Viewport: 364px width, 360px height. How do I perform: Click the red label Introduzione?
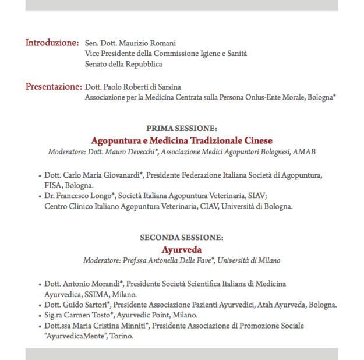tap(52, 43)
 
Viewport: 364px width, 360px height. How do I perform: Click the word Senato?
tap(97, 65)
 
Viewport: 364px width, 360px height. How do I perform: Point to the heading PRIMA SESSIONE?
tap(182, 128)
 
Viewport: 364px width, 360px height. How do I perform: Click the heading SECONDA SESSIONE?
tap(182, 238)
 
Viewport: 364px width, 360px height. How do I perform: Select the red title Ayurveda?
tap(182, 249)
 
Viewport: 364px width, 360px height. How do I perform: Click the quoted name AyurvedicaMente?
tap(69, 336)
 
